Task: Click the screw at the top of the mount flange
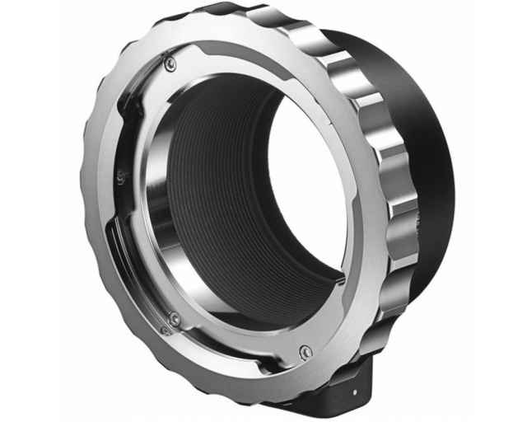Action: coord(170,63)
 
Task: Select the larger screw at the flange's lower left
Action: coord(174,318)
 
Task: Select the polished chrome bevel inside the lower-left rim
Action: coord(156,247)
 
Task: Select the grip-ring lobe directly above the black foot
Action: coord(379,330)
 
